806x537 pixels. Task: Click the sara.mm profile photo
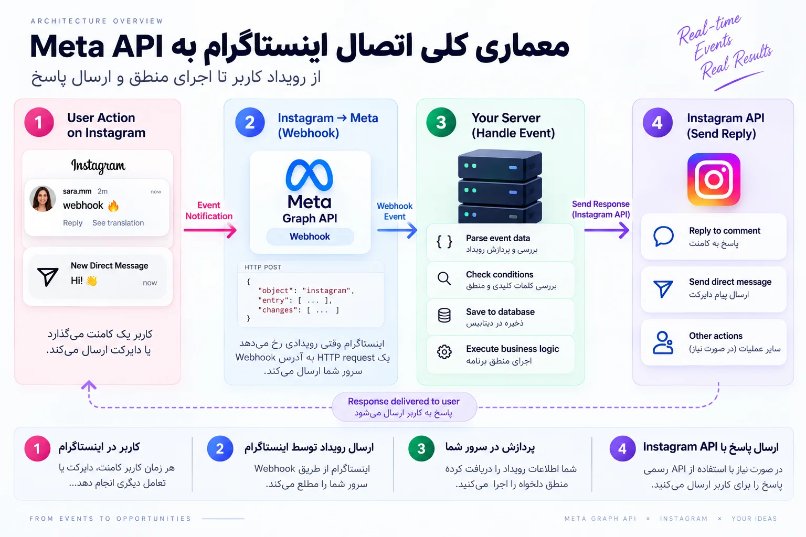click(43, 199)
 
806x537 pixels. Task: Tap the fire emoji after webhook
click(113, 206)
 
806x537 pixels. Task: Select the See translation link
click(118, 223)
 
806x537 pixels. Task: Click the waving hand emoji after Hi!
click(91, 281)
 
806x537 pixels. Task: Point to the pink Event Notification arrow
click(210, 230)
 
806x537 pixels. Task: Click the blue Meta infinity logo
click(310, 175)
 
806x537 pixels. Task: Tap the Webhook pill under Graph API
click(310, 237)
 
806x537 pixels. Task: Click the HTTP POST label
click(263, 267)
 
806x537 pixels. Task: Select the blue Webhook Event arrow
click(397, 230)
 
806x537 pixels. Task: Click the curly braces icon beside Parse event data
click(444, 242)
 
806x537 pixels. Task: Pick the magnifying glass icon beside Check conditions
click(444, 278)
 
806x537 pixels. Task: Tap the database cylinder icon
click(444, 316)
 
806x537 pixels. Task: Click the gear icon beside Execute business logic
click(444, 352)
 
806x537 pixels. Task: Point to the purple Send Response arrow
click(607, 230)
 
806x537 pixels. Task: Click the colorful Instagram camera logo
click(714, 179)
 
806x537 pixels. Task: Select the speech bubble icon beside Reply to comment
click(663, 237)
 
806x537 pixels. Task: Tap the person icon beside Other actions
click(663, 343)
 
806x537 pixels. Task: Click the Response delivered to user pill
click(404, 407)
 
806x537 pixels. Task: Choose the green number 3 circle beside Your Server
click(441, 122)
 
